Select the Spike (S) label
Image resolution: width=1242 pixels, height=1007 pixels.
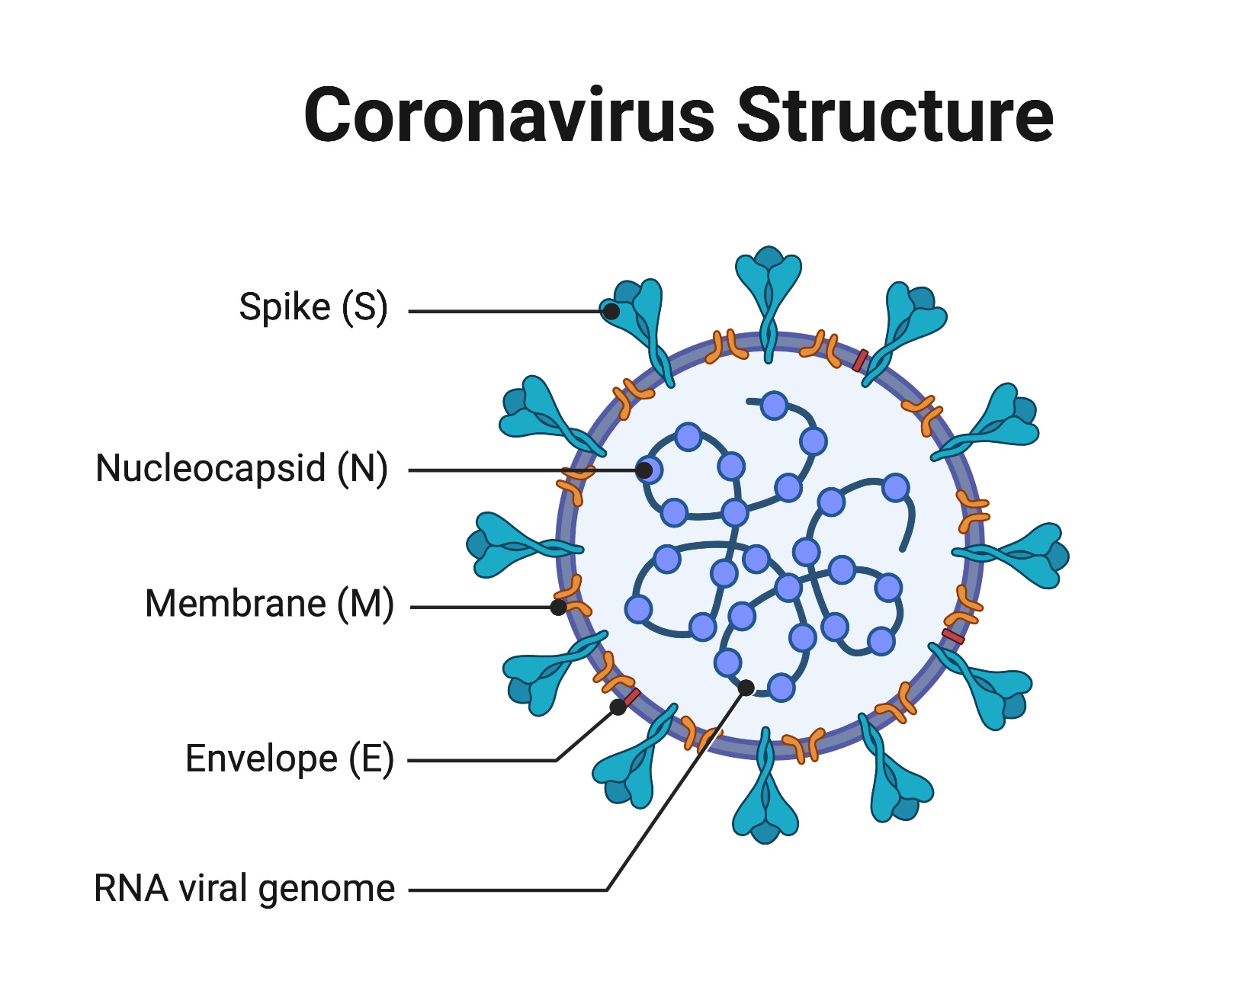pos(313,307)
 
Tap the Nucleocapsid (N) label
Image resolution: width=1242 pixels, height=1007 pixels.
pos(242,468)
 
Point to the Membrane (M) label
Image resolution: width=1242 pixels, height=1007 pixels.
pos(269,604)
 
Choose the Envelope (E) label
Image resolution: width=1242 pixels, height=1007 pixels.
pos(289,758)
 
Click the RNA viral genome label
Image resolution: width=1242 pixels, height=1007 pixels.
pos(244,889)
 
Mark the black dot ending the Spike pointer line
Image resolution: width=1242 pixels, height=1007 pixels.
pos(611,311)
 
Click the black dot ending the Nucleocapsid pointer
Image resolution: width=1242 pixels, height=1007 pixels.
pos(644,470)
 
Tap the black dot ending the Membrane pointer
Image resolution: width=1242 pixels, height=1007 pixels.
pos(559,608)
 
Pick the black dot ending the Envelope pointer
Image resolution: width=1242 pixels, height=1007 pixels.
pos(618,707)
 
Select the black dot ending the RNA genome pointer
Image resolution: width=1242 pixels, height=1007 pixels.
pos(746,688)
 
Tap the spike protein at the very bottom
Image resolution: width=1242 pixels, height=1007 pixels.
pos(765,804)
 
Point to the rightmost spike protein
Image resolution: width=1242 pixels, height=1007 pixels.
pos(1029,554)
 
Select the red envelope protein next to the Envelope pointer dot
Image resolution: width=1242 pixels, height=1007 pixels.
pos(631,696)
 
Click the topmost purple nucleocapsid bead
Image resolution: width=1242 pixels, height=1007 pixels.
pos(775,406)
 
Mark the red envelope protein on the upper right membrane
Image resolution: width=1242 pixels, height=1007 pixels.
pos(860,361)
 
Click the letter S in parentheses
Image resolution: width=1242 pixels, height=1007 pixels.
pos(364,307)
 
